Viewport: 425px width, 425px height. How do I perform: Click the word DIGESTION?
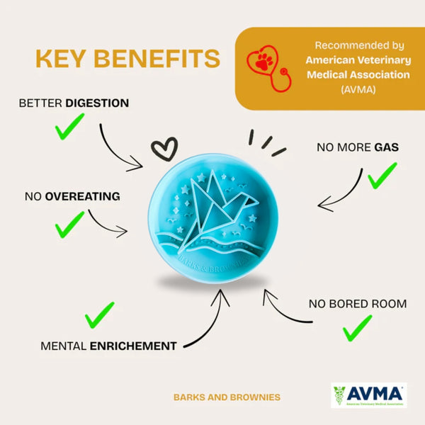[97, 103]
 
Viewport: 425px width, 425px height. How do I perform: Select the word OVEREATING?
[82, 195]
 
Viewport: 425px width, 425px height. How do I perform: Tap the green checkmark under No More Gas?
[382, 174]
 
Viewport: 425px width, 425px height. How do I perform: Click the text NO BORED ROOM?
[357, 304]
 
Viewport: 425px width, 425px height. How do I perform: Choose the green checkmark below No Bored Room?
[357, 327]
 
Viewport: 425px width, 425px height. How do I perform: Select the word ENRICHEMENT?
[132, 346]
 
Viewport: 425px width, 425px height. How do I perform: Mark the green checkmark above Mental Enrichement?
[99, 315]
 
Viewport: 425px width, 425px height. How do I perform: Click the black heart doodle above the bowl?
[164, 148]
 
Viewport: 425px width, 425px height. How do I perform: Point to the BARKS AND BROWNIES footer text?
[227, 397]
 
